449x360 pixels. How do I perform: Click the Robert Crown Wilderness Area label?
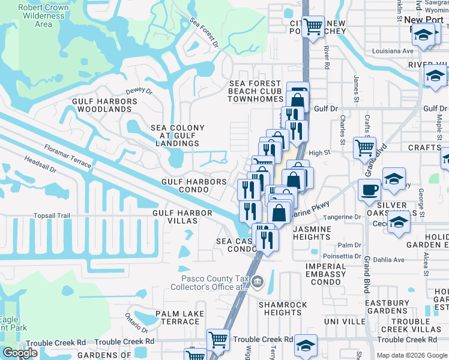pyautogui.click(x=43, y=16)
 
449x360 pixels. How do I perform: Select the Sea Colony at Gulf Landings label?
pyautogui.click(x=177, y=136)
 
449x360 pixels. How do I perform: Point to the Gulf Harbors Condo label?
pyautogui.click(x=193, y=185)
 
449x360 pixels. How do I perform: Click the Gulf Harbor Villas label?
pyautogui.click(x=182, y=217)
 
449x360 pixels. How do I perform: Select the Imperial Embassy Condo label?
pyautogui.click(x=326, y=274)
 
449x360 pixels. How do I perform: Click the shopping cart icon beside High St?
pyautogui.click(x=364, y=146)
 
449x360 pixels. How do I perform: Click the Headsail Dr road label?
pyautogui.click(x=40, y=165)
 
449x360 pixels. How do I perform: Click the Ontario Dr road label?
pyautogui.click(x=136, y=323)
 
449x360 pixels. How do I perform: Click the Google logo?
pyautogui.click(x=20, y=353)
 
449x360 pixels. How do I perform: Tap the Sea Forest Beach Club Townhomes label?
pyautogui.click(x=255, y=91)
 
